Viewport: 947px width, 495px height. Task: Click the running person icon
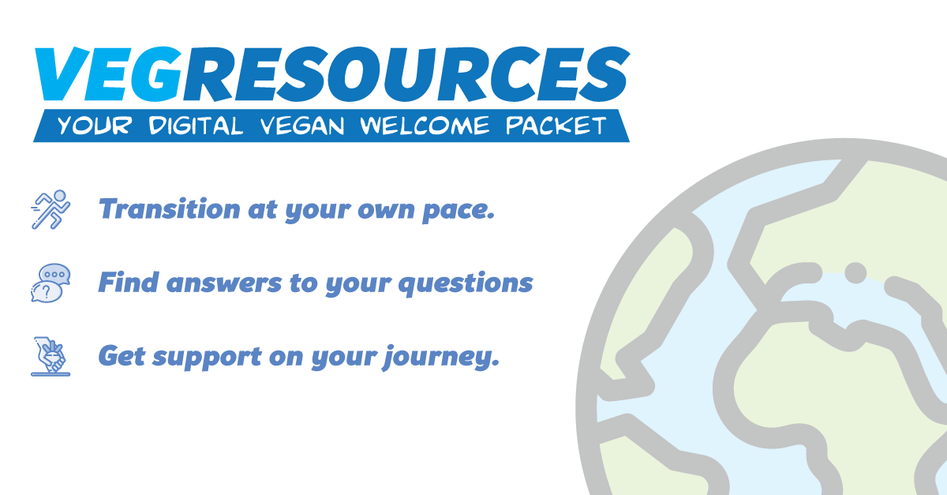pyautogui.click(x=50, y=208)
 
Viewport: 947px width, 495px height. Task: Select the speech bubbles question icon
pyautogui.click(x=50, y=283)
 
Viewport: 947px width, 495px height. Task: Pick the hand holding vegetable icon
pyautogui.click(x=50, y=356)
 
